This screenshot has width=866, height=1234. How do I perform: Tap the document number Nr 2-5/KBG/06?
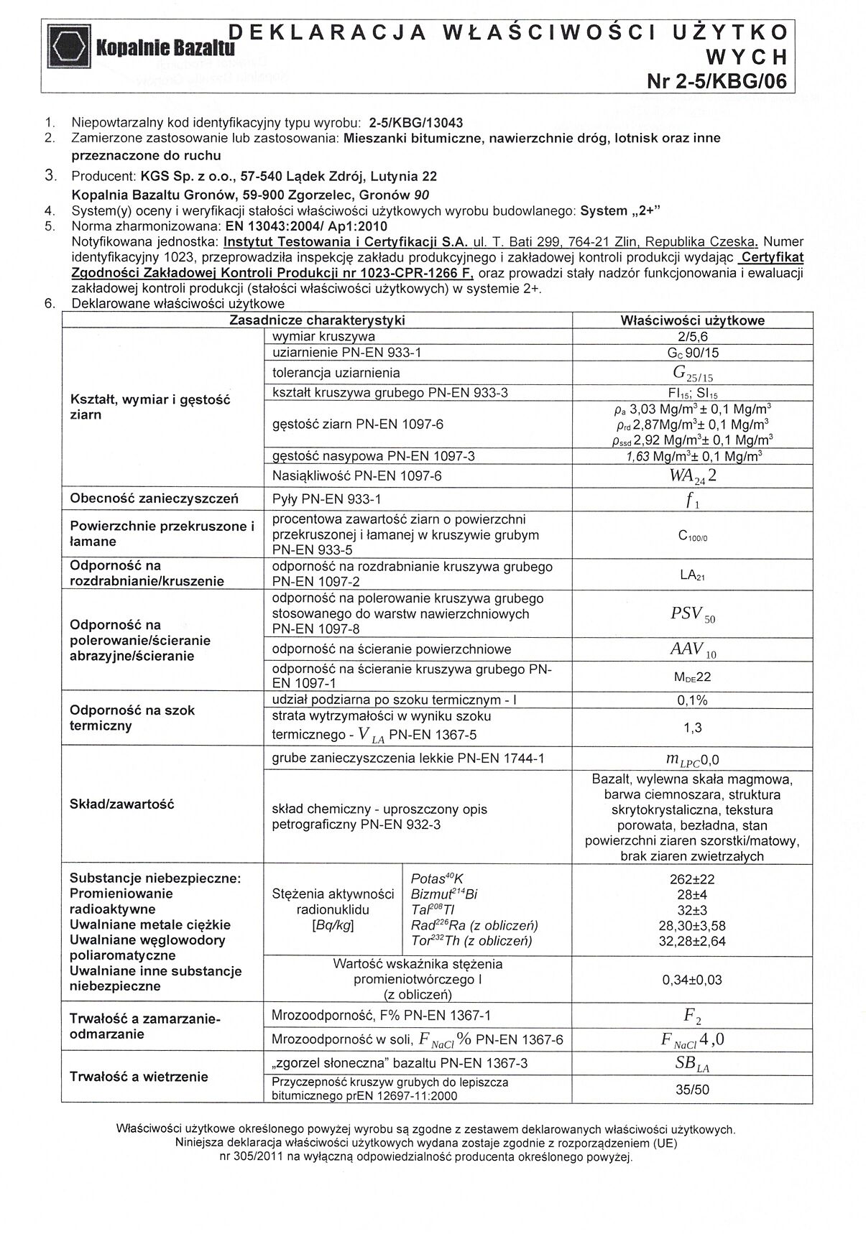(717, 81)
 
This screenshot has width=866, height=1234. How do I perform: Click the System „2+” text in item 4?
(620, 211)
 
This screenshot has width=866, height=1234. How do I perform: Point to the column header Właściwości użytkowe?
(692, 320)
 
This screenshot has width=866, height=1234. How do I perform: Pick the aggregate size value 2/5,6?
(692, 336)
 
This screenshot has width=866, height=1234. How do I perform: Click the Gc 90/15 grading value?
(692, 353)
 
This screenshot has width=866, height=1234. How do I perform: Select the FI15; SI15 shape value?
(692, 393)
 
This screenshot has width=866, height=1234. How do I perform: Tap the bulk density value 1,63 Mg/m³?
(692, 456)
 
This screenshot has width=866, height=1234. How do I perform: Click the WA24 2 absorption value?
(692, 475)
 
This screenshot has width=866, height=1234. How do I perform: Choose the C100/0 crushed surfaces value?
(692, 536)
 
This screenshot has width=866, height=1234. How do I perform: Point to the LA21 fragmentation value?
(692, 575)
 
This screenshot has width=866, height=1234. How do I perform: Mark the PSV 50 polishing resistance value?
(692, 614)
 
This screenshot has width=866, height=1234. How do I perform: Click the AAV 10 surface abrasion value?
(692, 649)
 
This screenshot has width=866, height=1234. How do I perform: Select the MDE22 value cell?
(692, 677)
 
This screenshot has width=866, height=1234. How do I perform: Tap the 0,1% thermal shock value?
(692, 700)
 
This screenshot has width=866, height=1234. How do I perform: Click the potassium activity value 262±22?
(692, 878)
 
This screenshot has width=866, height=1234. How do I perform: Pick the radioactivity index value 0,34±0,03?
(692, 980)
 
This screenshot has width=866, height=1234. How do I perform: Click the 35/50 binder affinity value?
(692, 1089)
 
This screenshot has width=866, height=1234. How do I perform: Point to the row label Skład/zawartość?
(122, 804)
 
